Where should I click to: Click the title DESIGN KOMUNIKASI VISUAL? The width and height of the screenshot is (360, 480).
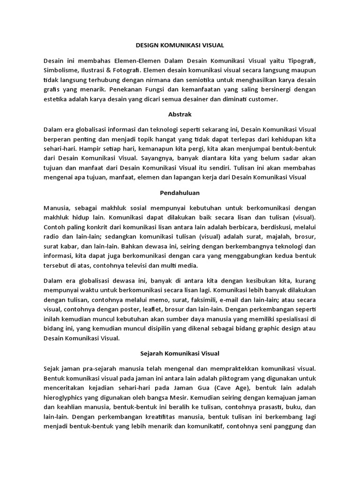pyautogui.click(x=180, y=45)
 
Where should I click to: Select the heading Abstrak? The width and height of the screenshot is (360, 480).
pyautogui.click(x=180, y=114)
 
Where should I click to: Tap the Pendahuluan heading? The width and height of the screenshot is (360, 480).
pyautogui.click(x=180, y=192)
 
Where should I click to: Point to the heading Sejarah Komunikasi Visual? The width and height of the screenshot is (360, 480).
pyautogui.click(x=180, y=353)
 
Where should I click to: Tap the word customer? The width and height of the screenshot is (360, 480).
pyautogui.click(x=263, y=99)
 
